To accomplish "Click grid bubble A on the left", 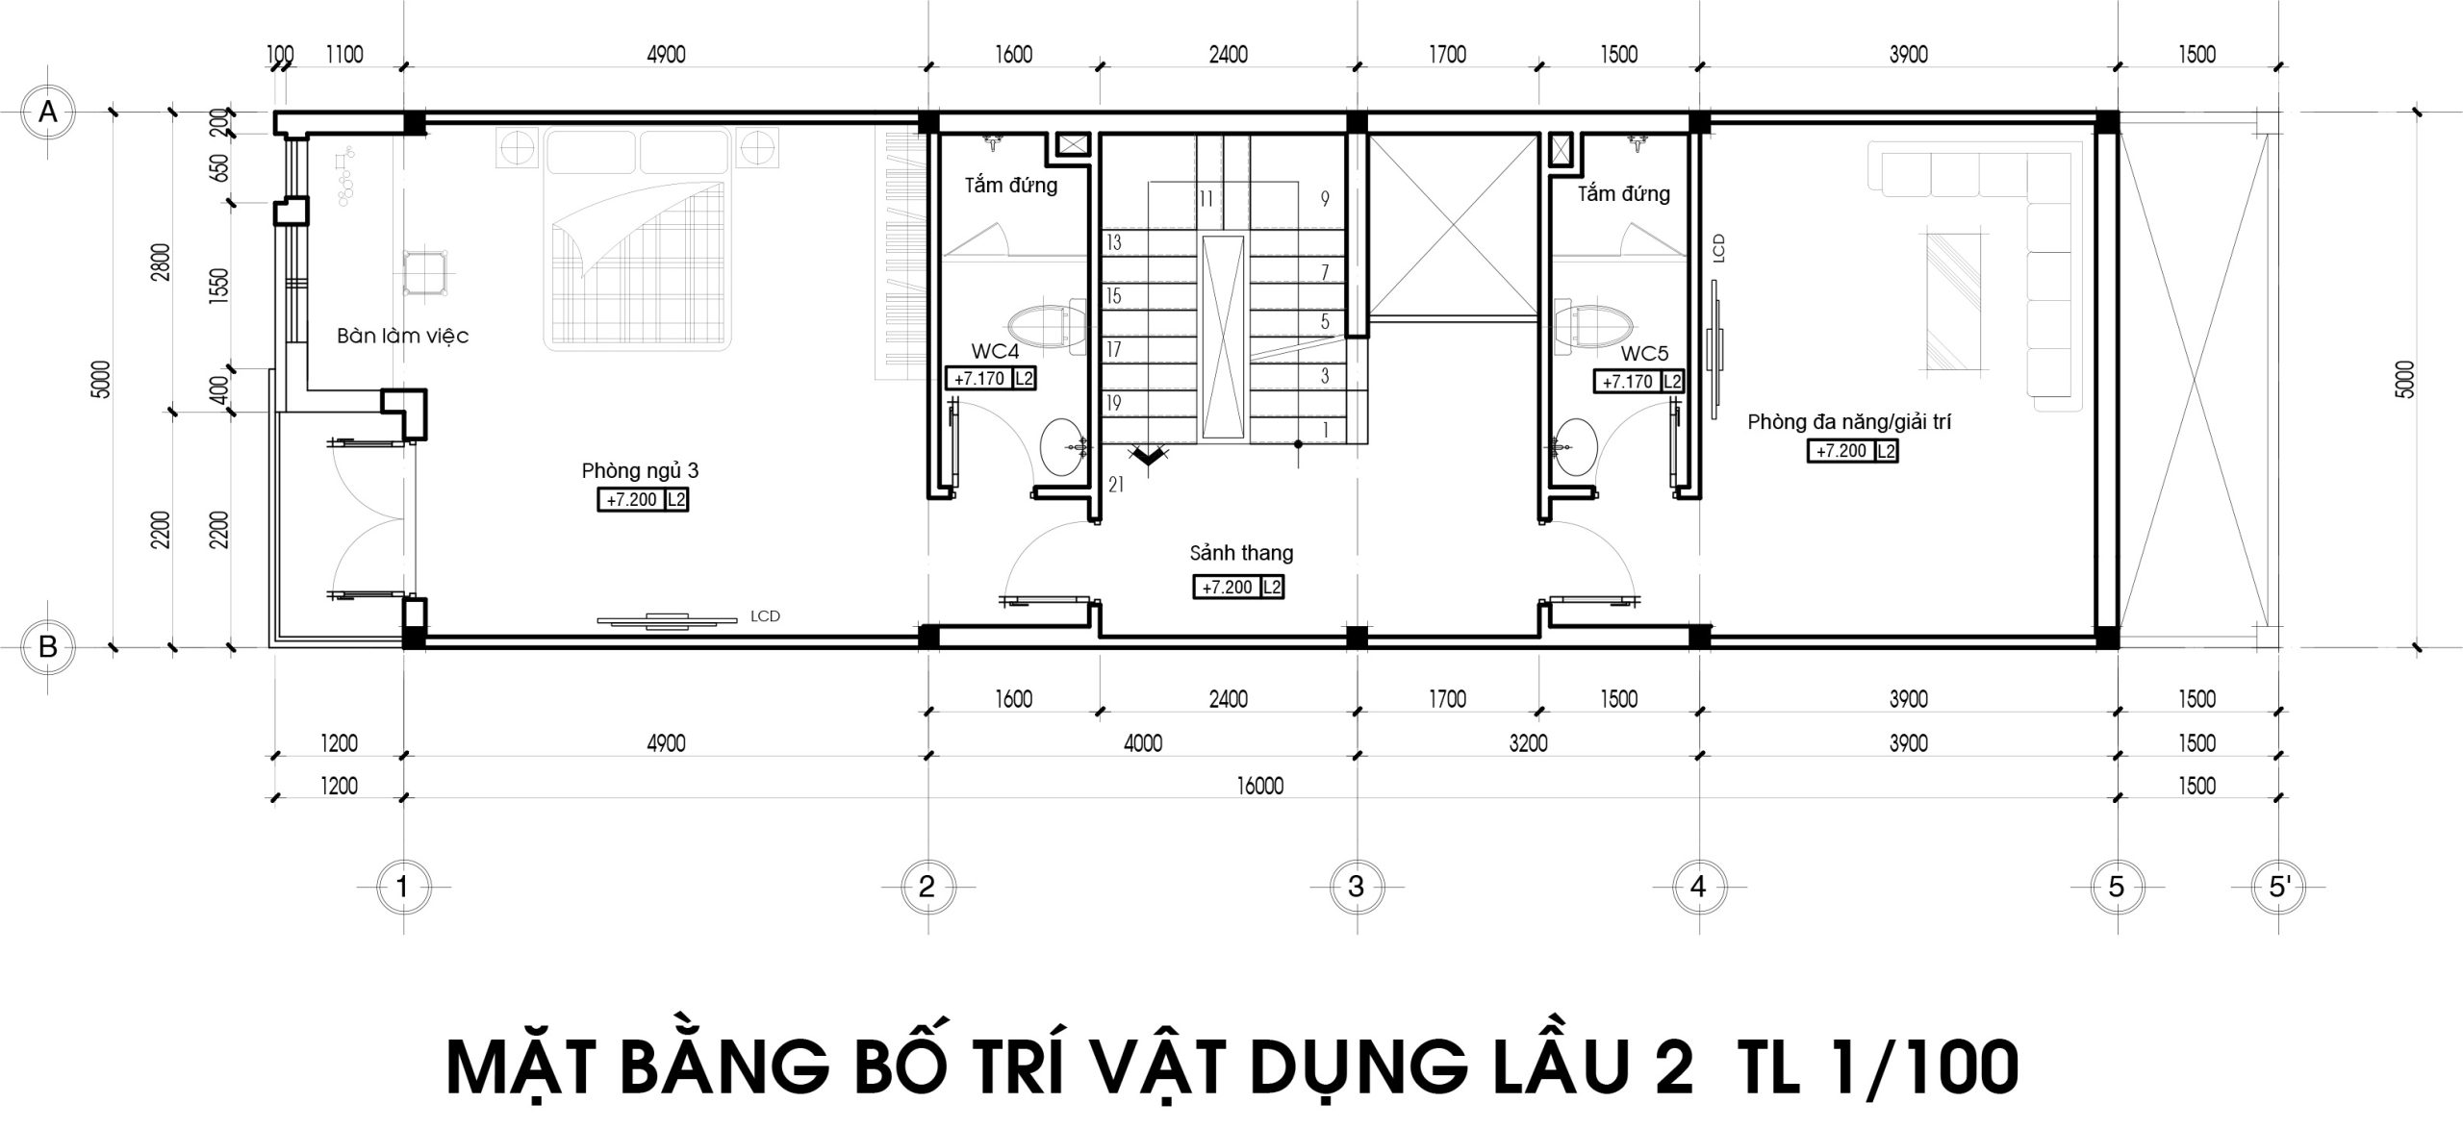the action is point(47,113).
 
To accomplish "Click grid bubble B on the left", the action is point(47,647).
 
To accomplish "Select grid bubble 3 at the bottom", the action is point(1356,886).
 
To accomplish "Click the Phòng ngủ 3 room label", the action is point(640,470).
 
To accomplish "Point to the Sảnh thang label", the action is point(1241,553).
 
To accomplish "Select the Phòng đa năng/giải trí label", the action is point(1849,421).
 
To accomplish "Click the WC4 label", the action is point(995,352).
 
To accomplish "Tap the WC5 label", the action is point(1645,354).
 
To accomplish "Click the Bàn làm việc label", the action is point(402,336).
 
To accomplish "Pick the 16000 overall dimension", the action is point(1260,787).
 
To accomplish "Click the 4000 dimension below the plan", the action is point(1143,743).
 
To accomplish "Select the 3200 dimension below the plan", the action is point(1528,743).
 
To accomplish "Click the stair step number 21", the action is point(1116,486).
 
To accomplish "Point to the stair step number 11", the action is point(1206,199).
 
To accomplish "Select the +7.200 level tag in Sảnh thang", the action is point(1238,587).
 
